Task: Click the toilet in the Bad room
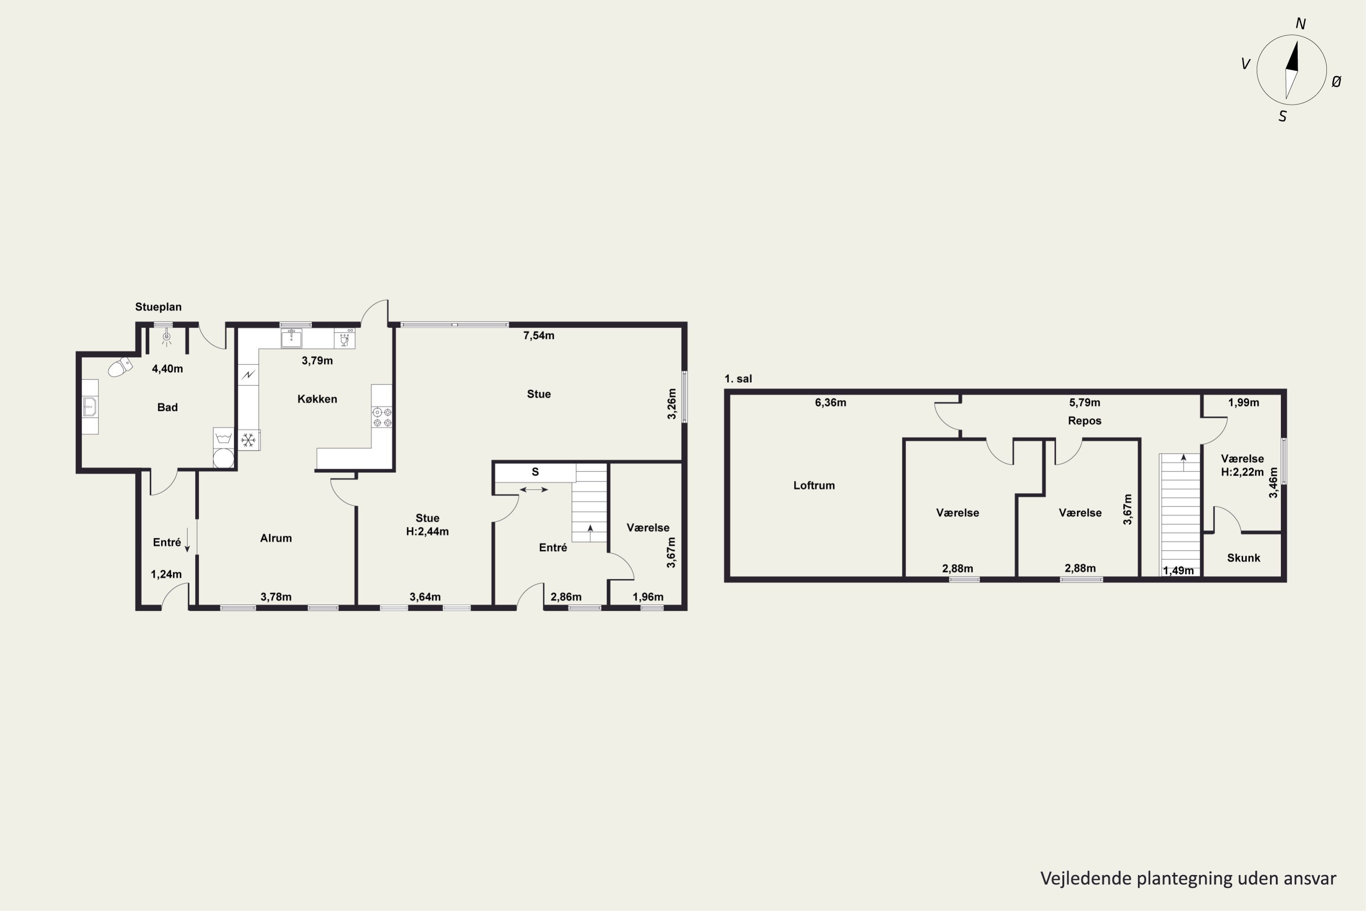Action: tap(120, 367)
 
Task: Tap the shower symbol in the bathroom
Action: tap(167, 338)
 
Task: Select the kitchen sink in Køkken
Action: tap(291, 338)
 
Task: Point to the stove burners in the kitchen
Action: tap(382, 417)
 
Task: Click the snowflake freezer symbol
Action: tap(249, 440)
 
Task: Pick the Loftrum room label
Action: tap(814, 485)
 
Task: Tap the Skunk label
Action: tap(1244, 558)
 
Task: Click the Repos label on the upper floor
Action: tap(1084, 420)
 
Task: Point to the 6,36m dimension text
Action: tap(831, 403)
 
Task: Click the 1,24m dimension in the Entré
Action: tap(166, 574)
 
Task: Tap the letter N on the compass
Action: tap(1300, 24)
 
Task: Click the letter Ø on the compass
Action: tap(1336, 82)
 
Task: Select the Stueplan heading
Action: tap(158, 307)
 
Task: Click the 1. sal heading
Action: tap(738, 379)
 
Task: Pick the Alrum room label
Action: tap(276, 538)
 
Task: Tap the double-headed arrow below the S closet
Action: tap(533, 490)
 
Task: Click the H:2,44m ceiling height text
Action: tap(428, 531)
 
